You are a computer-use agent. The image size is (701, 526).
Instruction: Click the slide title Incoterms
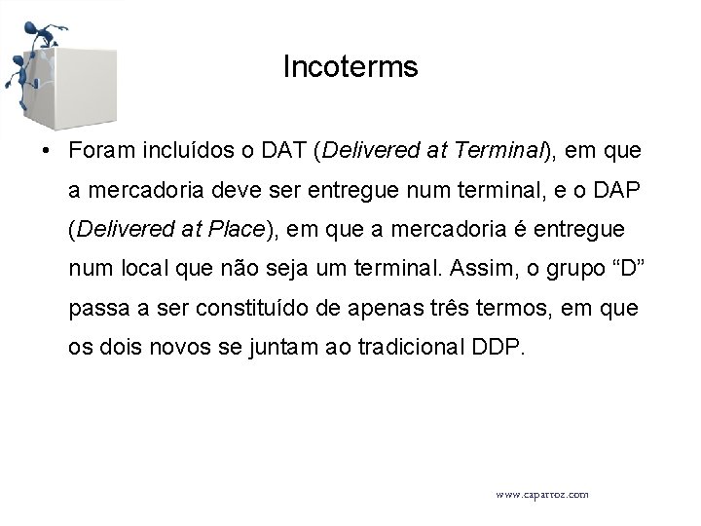[350, 67]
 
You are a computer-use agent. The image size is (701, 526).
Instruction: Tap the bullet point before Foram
[47, 152]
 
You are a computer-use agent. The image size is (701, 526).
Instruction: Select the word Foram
[100, 151]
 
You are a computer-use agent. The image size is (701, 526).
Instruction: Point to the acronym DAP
[612, 191]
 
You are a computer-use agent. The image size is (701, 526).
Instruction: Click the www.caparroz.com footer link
[541, 495]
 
